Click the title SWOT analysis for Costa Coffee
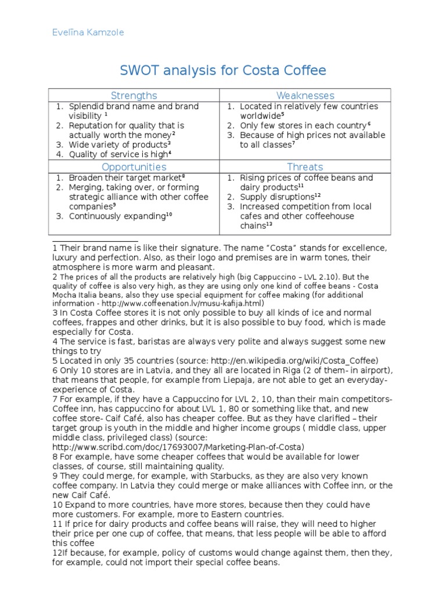(223, 71)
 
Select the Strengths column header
(134, 95)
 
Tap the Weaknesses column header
(305, 95)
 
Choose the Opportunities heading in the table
(134, 166)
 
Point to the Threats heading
(305, 166)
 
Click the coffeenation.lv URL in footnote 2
(174, 303)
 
